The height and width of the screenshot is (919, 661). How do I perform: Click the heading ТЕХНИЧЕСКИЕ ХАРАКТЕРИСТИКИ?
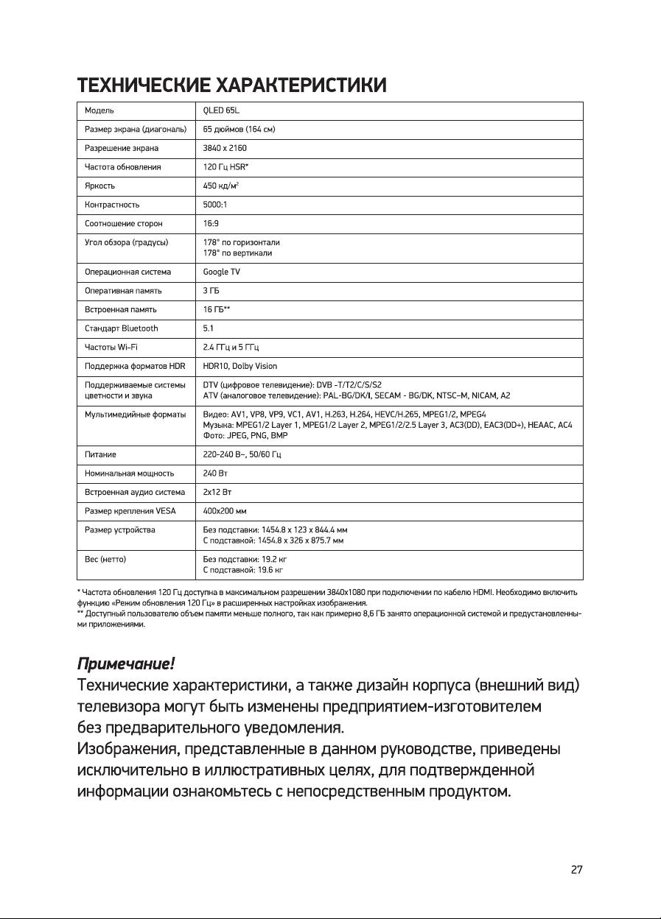click(232, 86)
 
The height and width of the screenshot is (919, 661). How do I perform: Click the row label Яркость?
click(99, 186)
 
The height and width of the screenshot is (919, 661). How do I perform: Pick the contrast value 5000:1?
click(216, 205)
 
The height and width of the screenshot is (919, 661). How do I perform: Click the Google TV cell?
click(222, 272)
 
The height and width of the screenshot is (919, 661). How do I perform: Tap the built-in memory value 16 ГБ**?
click(217, 309)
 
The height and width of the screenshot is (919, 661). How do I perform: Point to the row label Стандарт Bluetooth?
click(122, 328)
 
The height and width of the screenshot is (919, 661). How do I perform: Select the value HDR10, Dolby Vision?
click(240, 366)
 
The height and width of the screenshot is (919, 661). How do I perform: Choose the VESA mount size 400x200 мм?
click(224, 510)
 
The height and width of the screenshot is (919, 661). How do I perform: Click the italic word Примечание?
click(126, 665)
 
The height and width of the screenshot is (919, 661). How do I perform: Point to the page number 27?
click(577, 870)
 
